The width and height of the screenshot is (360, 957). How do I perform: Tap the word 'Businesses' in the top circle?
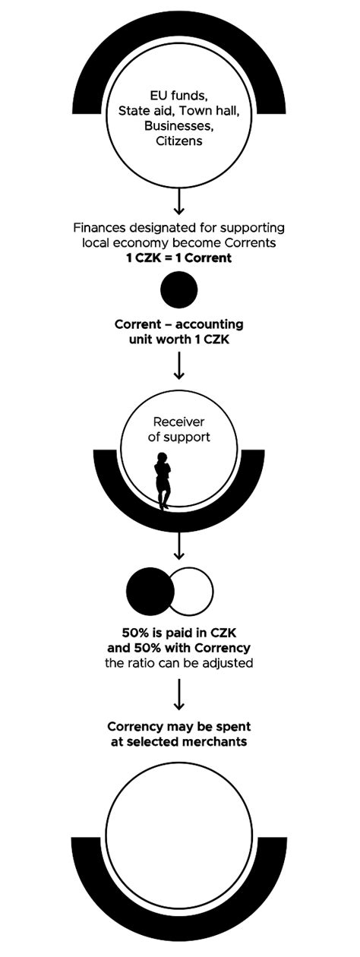point(177,126)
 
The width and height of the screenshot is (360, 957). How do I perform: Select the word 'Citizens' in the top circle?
point(178,141)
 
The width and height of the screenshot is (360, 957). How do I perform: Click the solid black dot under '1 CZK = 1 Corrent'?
point(179,289)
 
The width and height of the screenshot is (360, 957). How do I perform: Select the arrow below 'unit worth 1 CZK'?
point(179,365)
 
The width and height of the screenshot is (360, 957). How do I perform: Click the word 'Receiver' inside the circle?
point(179,422)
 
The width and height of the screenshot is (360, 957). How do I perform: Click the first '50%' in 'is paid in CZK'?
point(137,633)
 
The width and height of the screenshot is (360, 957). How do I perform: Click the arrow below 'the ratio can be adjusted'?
point(179,693)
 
